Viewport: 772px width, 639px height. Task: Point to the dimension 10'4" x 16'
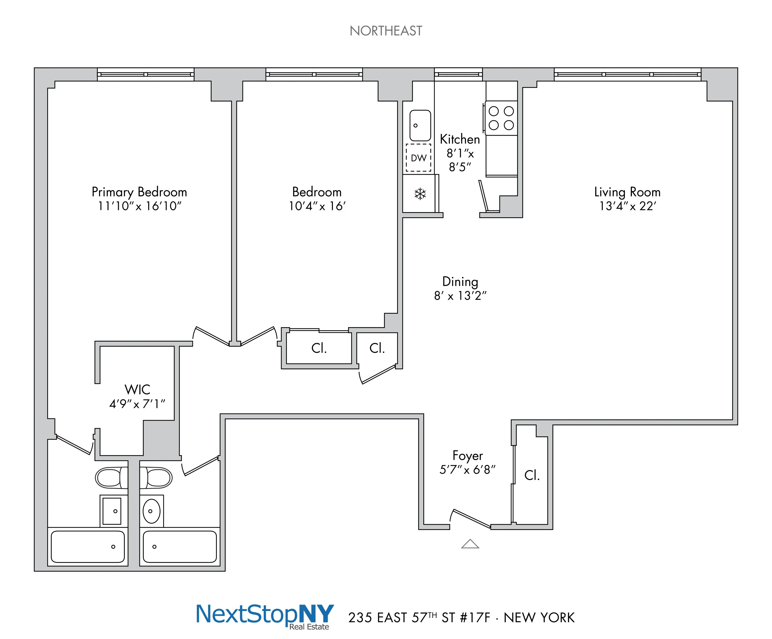pos(317,206)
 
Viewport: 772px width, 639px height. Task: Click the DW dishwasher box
pos(418,158)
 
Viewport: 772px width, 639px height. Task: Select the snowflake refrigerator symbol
pos(420,194)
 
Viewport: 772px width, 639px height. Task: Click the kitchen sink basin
pos(420,125)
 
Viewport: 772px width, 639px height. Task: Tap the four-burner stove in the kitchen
pos(501,118)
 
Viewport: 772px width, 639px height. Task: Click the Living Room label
pos(627,192)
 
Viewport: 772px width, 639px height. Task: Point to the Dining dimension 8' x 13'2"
pos(460,296)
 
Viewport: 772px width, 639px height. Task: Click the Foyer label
pos(467,456)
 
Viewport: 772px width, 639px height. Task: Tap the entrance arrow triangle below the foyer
pos(470,544)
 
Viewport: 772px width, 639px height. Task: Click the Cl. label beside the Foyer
pos(532,475)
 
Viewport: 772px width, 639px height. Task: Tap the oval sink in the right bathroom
pos(151,511)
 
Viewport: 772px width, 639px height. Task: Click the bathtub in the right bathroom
pos(179,546)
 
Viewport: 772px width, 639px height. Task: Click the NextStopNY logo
pos(265,615)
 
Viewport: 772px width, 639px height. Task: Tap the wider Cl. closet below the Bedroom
pos(319,348)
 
